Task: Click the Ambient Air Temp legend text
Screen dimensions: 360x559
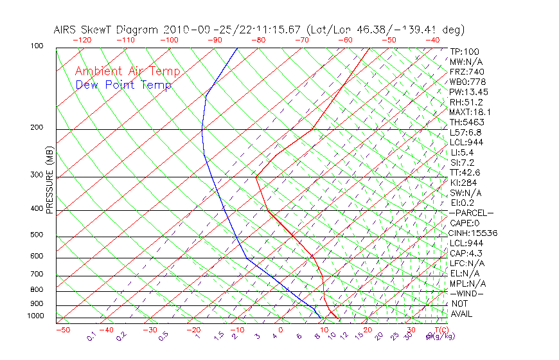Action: pos(127,71)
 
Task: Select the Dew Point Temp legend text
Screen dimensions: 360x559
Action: pos(123,85)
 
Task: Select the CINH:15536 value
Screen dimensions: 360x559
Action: pos(474,233)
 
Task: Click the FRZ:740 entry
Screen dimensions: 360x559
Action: pos(467,71)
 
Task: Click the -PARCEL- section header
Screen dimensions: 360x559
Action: pos(471,213)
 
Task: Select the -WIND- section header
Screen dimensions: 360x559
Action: pos(467,293)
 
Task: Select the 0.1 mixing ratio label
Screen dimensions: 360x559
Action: pos(91,336)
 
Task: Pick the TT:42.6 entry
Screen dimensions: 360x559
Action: pos(465,172)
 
